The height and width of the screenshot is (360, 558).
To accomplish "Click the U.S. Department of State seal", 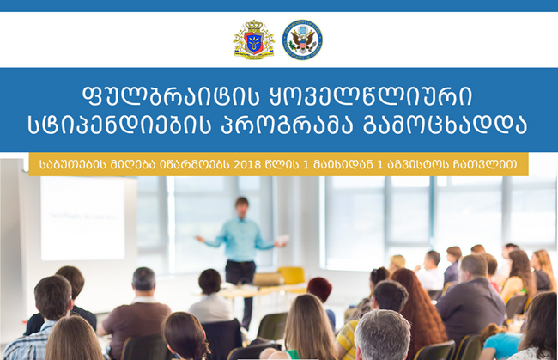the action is [302, 40].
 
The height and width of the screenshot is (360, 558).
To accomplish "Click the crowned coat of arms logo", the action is [254, 40].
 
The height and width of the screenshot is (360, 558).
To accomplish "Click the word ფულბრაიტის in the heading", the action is [171, 96].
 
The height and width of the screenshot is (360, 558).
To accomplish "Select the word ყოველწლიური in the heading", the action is [371, 96].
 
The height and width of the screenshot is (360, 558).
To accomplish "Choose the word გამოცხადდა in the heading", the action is [445, 125].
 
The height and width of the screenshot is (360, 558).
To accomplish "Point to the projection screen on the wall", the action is [83, 218].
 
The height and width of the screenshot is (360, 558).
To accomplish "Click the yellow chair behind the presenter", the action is [292, 275].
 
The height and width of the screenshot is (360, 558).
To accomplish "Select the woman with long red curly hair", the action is [420, 310].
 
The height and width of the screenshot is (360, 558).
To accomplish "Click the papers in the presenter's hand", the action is [282, 239].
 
